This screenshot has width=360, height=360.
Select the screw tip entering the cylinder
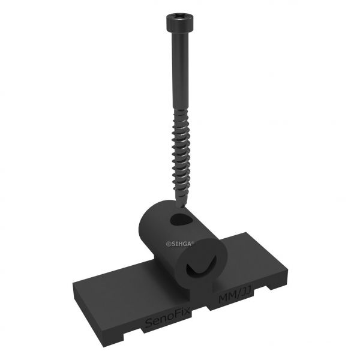pos(179,207)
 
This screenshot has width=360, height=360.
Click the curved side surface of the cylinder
pos(153,234)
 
